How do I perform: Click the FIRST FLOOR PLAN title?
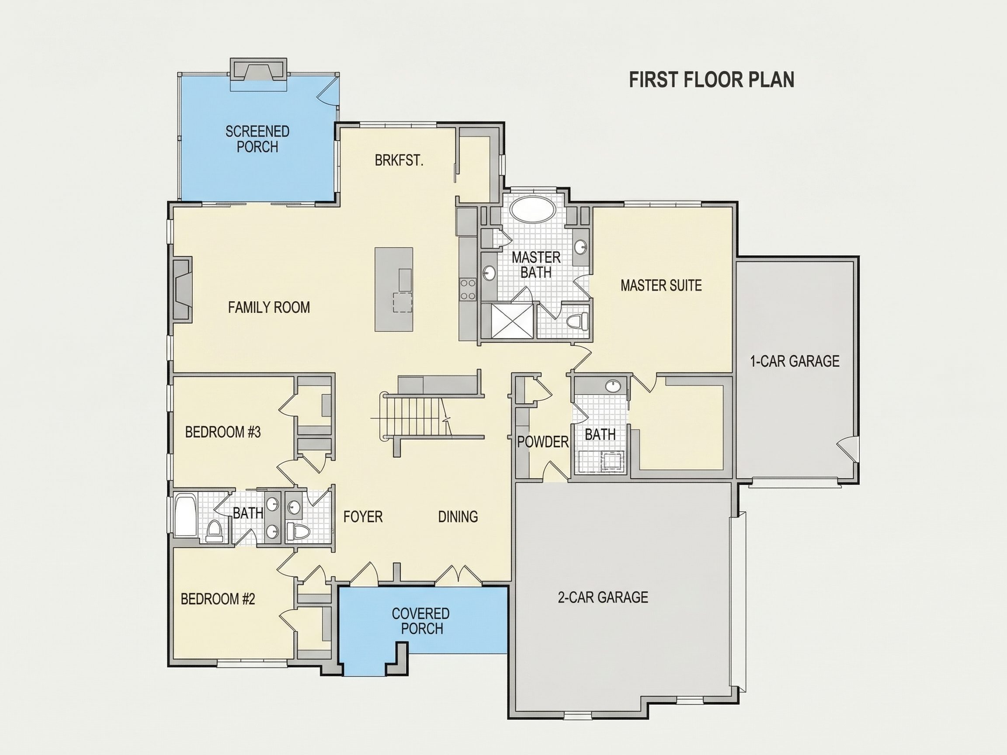[x=712, y=79]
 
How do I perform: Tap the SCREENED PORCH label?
[x=257, y=139]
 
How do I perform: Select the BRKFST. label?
[x=399, y=160]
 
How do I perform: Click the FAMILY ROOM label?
[x=269, y=308]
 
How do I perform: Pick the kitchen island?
[x=394, y=289]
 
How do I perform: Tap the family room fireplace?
[x=182, y=290]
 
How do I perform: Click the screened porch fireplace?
[x=259, y=70]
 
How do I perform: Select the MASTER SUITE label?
[x=661, y=285]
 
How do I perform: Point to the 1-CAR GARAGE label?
[x=795, y=361]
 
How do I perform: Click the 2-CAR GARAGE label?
[x=603, y=597]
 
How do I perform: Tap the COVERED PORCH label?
[x=420, y=621]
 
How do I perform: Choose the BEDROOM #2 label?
[x=218, y=599]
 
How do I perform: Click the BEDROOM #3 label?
[x=222, y=432]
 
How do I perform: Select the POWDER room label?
[x=543, y=441]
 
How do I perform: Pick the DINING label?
[x=458, y=516]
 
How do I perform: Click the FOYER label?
[x=363, y=516]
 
